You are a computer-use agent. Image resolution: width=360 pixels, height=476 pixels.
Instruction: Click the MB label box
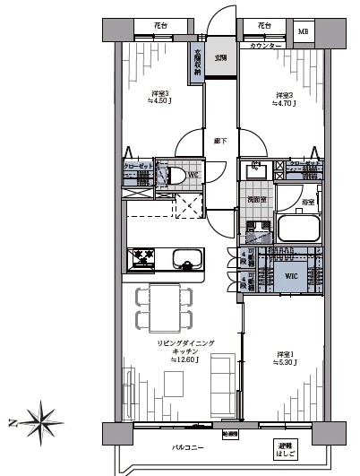304,32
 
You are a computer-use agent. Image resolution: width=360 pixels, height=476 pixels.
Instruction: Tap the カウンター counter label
267,45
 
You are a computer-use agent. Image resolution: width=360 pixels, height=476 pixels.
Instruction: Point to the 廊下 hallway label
220,142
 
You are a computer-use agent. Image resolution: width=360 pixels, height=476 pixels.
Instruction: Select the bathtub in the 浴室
299,229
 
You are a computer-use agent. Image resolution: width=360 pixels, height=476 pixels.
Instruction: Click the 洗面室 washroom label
258,200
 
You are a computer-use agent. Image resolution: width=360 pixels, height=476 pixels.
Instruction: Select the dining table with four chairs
163,306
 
